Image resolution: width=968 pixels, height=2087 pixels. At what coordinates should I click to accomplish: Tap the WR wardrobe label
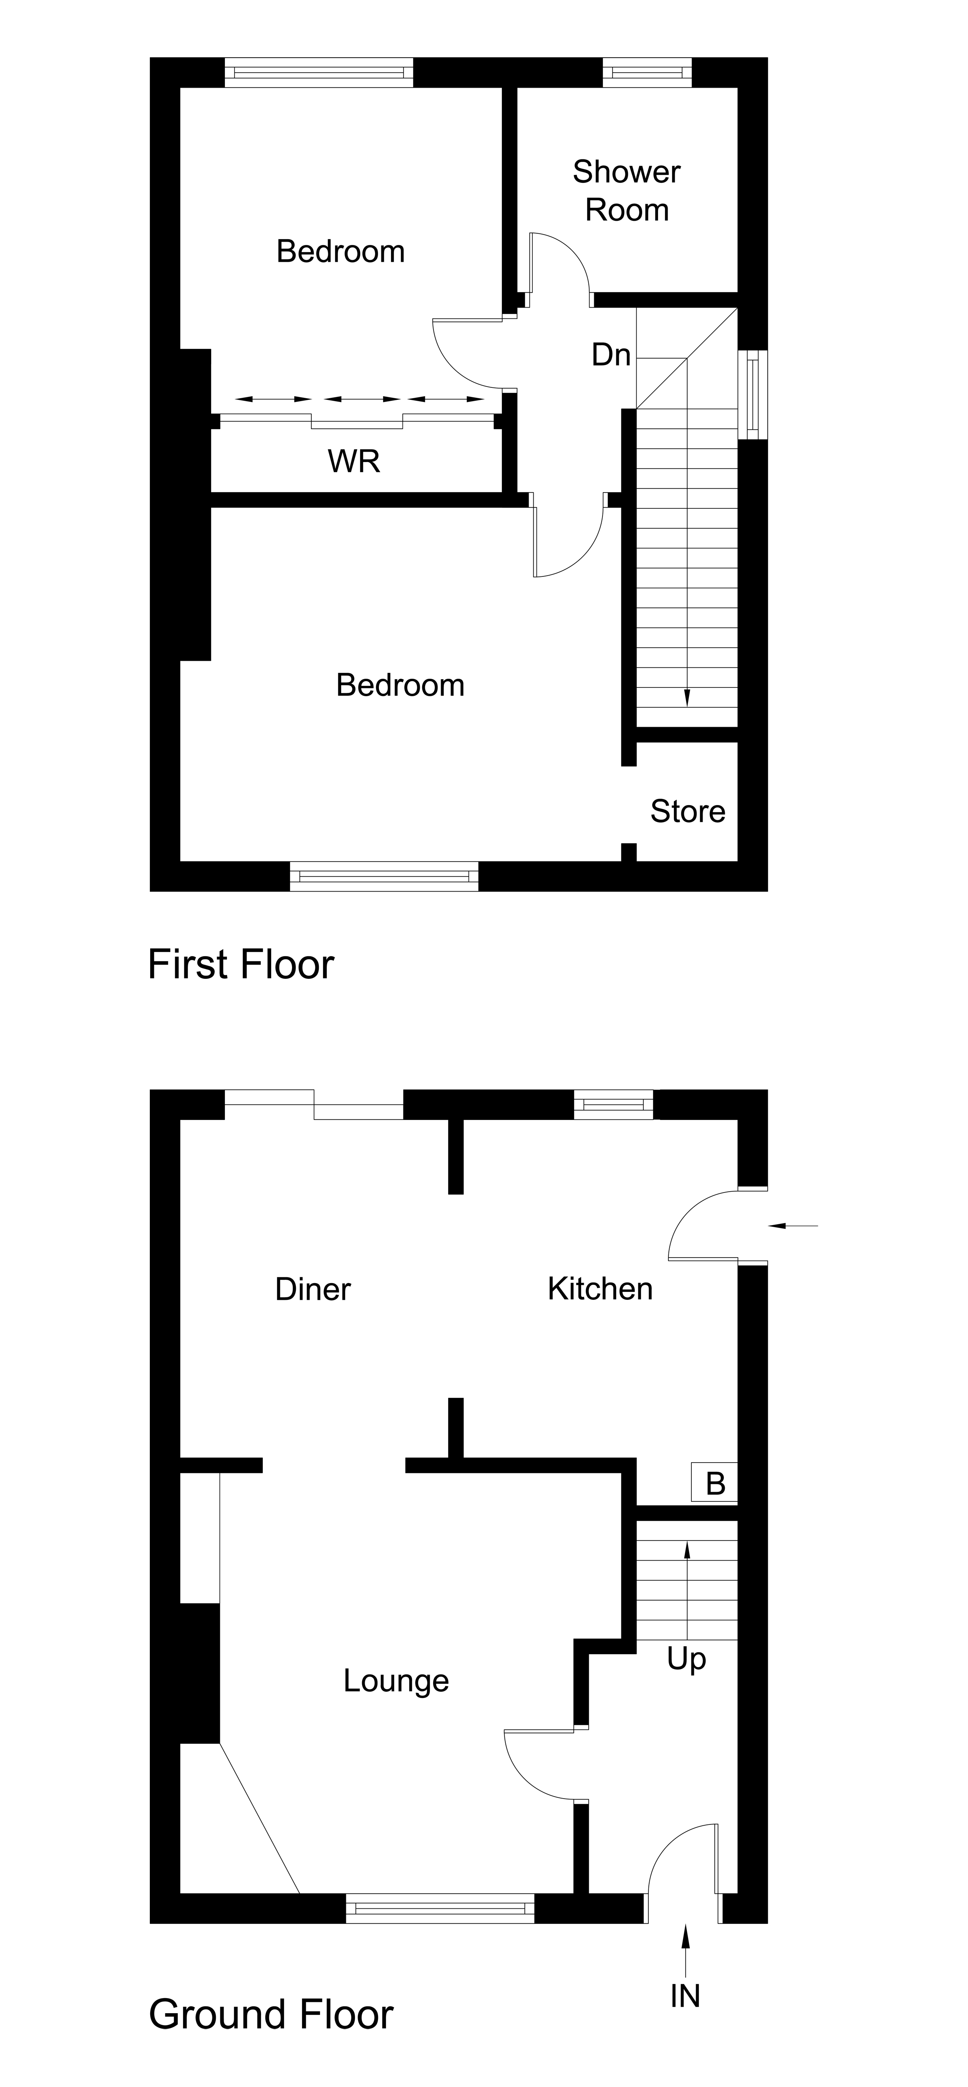[x=354, y=461]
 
